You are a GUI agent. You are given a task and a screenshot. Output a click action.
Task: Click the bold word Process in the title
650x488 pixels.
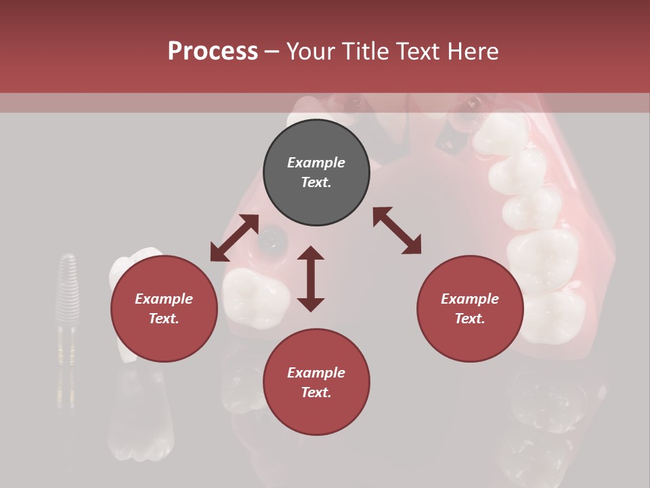213,52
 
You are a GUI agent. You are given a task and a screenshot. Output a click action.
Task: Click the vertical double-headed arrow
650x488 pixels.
311,279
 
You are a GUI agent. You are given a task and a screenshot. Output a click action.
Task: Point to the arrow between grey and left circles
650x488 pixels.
234,238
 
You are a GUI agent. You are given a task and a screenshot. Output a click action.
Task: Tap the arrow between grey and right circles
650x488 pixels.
397,230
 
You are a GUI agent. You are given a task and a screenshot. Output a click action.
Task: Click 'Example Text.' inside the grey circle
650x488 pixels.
316,172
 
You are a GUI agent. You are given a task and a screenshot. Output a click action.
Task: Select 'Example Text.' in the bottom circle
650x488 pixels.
316,382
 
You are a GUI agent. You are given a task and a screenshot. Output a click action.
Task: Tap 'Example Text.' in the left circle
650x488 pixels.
164,308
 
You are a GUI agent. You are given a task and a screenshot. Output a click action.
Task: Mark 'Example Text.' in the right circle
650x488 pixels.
470,308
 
